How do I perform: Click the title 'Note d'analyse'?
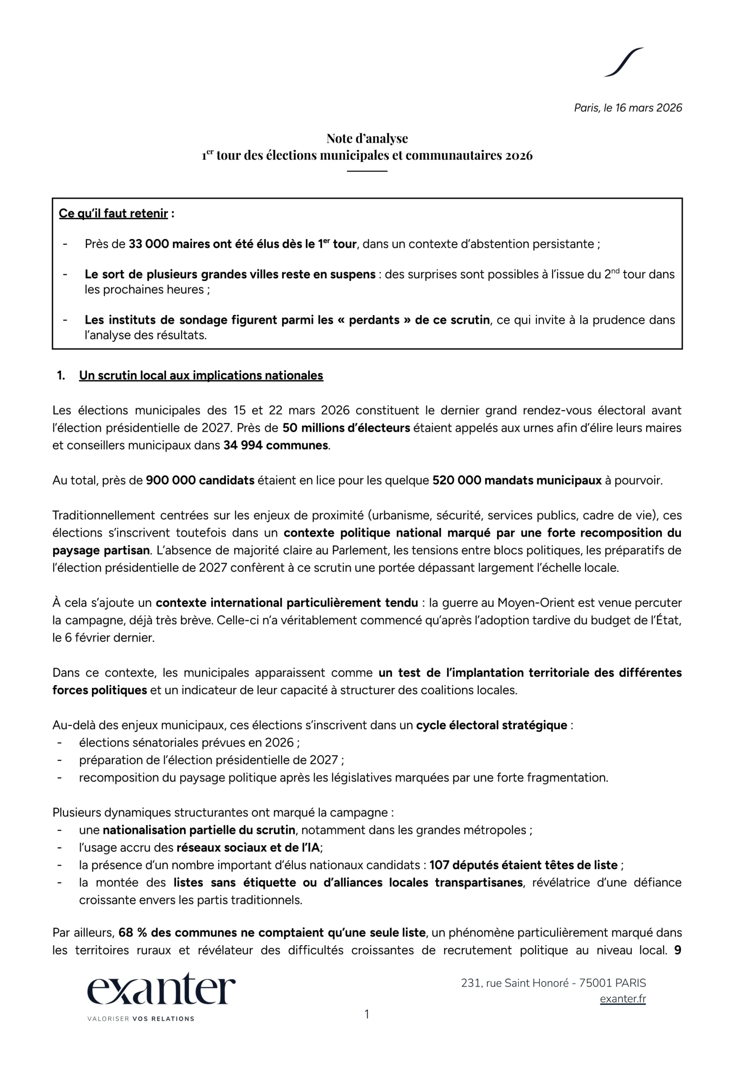(367, 138)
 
